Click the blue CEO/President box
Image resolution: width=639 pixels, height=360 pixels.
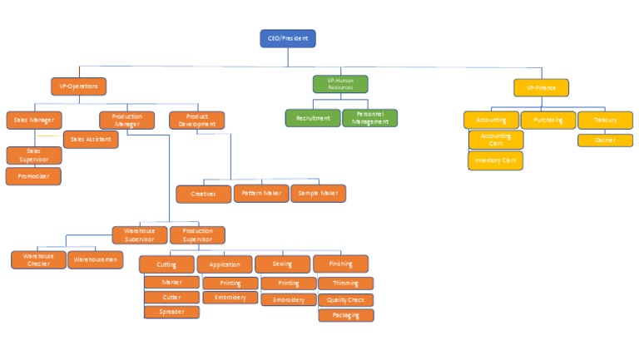point(288,38)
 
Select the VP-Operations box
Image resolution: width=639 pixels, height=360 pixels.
point(79,86)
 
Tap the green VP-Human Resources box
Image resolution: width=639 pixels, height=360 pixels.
point(340,84)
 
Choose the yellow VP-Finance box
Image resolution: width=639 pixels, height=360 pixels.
point(541,87)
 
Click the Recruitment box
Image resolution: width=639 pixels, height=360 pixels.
point(313,118)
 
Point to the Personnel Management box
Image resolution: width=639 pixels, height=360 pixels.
point(369,118)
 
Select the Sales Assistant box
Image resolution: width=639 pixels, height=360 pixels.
point(91,140)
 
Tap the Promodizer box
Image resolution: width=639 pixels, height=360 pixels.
point(33,176)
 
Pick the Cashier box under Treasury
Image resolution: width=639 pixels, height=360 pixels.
point(605,140)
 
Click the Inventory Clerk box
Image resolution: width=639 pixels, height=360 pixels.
point(495,160)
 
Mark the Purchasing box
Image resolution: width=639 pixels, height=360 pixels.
point(548,120)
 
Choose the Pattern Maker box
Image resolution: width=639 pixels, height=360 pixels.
point(261,194)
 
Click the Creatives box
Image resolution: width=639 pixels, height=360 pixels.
point(203,194)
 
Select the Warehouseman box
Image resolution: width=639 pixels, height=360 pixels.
point(95,259)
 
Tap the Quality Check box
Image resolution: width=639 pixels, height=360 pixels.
point(345,300)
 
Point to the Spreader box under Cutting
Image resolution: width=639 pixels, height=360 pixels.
point(171,313)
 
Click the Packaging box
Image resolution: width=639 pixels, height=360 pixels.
point(345,315)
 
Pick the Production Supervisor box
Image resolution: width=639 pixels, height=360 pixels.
point(197,235)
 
